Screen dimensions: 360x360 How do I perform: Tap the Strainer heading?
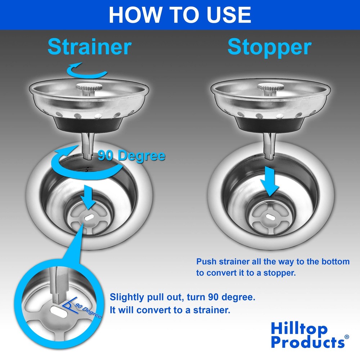(89, 47)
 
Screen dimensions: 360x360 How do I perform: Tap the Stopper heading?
(269, 47)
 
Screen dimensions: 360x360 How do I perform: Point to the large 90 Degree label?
(132, 156)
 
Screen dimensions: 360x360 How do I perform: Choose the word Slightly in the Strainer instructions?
(126, 298)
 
